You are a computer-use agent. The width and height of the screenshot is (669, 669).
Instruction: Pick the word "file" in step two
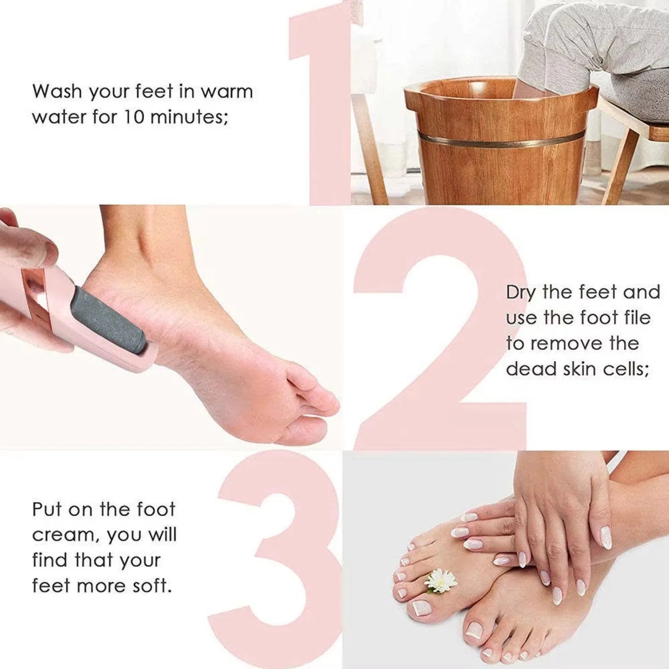[638, 318]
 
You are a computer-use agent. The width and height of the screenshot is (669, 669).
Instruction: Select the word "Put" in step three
[46, 510]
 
